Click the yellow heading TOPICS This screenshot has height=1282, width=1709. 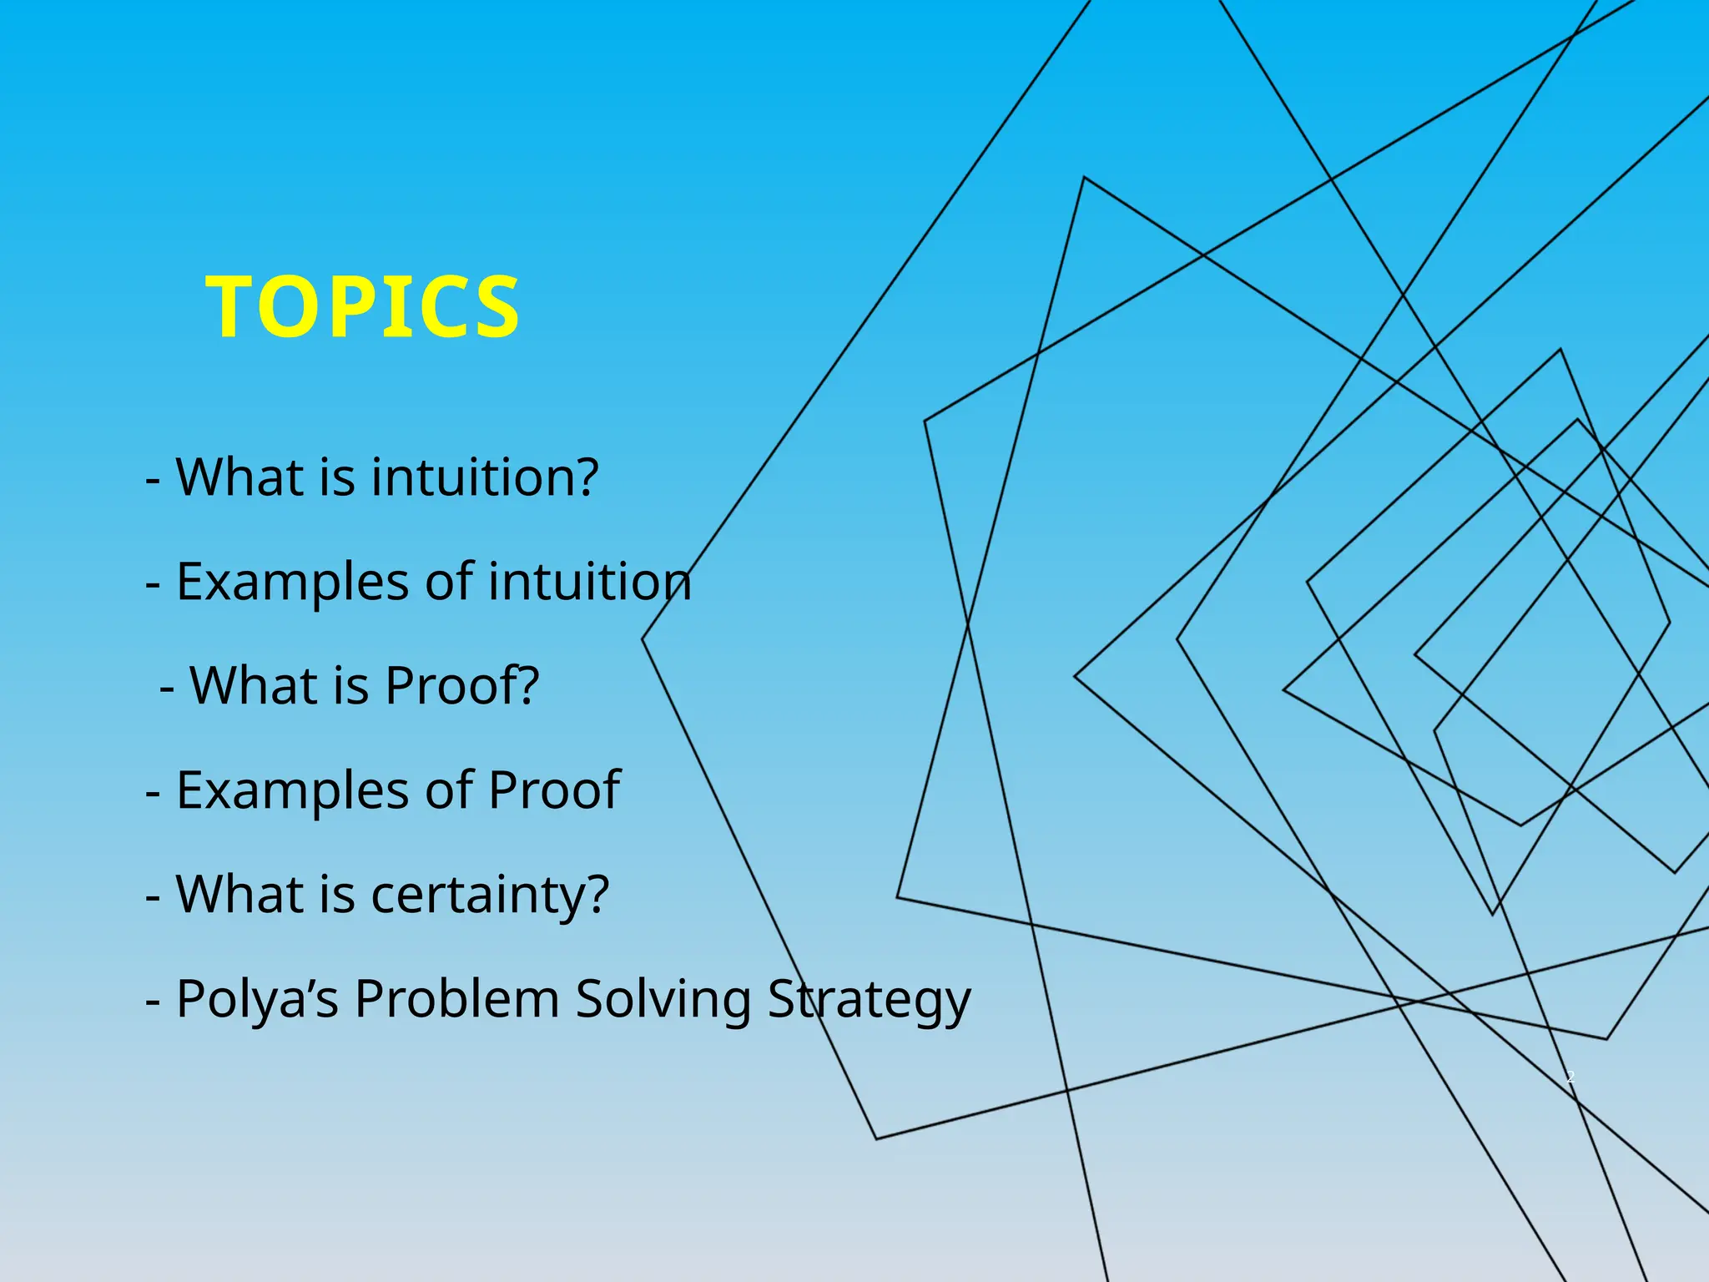click(363, 307)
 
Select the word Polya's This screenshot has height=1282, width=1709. click(257, 999)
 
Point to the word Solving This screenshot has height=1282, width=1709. click(663, 999)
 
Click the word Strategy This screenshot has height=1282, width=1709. click(869, 999)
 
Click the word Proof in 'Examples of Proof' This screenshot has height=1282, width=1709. click(553, 790)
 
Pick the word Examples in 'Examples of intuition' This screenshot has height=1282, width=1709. click(292, 582)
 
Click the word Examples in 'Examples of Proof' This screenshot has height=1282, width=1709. click(292, 790)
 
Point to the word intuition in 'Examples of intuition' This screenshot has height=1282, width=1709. click(589, 582)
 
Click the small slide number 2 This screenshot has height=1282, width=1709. click(1570, 1077)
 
